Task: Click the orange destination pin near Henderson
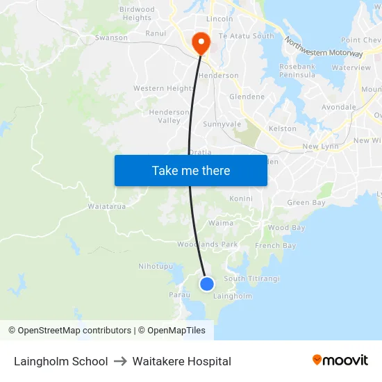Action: pyautogui.click(x=201, y=43)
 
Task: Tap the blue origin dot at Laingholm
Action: pyautogui.click(x=207, y=283)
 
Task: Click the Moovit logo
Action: pyautogui.click(x=340, y=360)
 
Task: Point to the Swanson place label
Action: pyautogui.click(x=111, y=38)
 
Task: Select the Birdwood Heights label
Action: pyautogui.click(x=136, y=14)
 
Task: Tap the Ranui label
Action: pyautogui.click(x=156, y=33)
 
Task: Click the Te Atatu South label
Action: pyautogui.click(x=246, y=35)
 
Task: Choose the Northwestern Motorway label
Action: pyautogui.click(x=323, y=47)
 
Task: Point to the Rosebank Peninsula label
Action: pyautogui.click(x=298, y=70)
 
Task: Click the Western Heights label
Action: pyautogui.click(x=164, y=88)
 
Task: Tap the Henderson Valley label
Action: pyautogui.click(x=169, y=116)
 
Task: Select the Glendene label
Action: pyautogui.click(x=247, y=97)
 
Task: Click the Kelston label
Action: pyautogui.click(x=283, y=128)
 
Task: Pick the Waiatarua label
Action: pyautogui.click(x=106, y=206)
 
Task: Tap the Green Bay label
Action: pyautogui.click(x=306, y=203)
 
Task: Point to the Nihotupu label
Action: pyautogui.click(x=156, y=266)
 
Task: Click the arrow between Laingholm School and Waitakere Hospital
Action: pyautogui.click(x=119, y=361)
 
